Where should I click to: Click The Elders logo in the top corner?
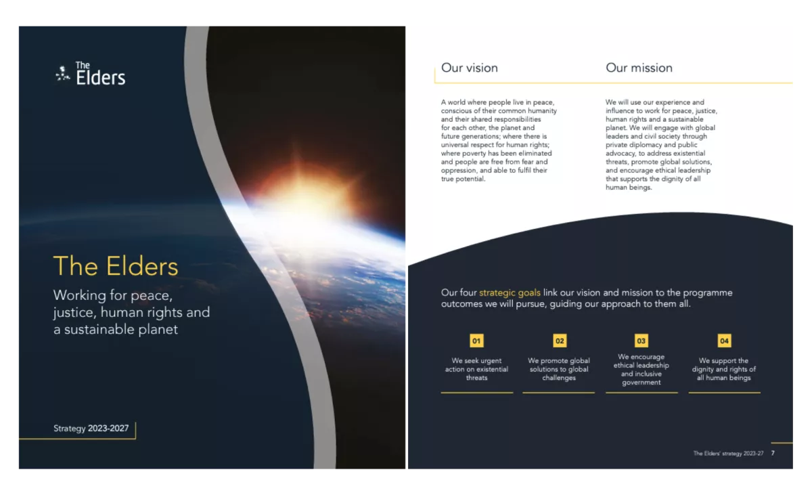click(90, 74)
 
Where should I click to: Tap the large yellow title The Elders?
click(116, 266)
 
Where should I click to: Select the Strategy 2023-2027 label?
click(91, 428)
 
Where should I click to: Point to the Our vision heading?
click(470, 68)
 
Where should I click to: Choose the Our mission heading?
click(639, 68)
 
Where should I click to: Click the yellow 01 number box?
click(476, 341)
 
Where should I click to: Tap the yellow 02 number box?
click(560, 341)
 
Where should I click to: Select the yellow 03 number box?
click(641, 341)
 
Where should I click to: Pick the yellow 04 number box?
click(724, 341)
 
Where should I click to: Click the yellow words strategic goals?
click(510, 293)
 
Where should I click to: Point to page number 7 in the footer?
click(773, 453)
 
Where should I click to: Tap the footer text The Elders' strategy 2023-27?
click(728, 453)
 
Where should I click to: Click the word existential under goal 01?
click(492, 369)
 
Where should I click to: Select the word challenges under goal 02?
click(559, 378)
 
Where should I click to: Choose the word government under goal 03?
click(641, 383)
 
